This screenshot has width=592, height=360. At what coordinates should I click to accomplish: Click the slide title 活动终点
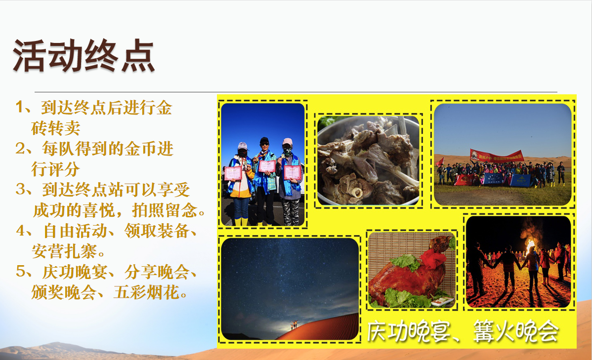84,56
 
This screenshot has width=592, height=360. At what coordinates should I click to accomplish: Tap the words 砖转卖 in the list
55,128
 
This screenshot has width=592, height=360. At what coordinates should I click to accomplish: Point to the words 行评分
55,169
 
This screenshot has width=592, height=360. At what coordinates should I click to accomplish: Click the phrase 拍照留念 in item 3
165,210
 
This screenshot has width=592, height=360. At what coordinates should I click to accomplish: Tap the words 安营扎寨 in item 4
64,251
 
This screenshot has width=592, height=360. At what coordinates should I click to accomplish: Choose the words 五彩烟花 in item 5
146,292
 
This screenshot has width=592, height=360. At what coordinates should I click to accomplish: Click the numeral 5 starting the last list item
20,271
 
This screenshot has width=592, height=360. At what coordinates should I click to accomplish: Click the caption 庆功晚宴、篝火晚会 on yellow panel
463,331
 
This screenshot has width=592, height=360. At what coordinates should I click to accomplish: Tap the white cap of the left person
242,146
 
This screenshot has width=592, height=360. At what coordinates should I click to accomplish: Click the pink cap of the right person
287,142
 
